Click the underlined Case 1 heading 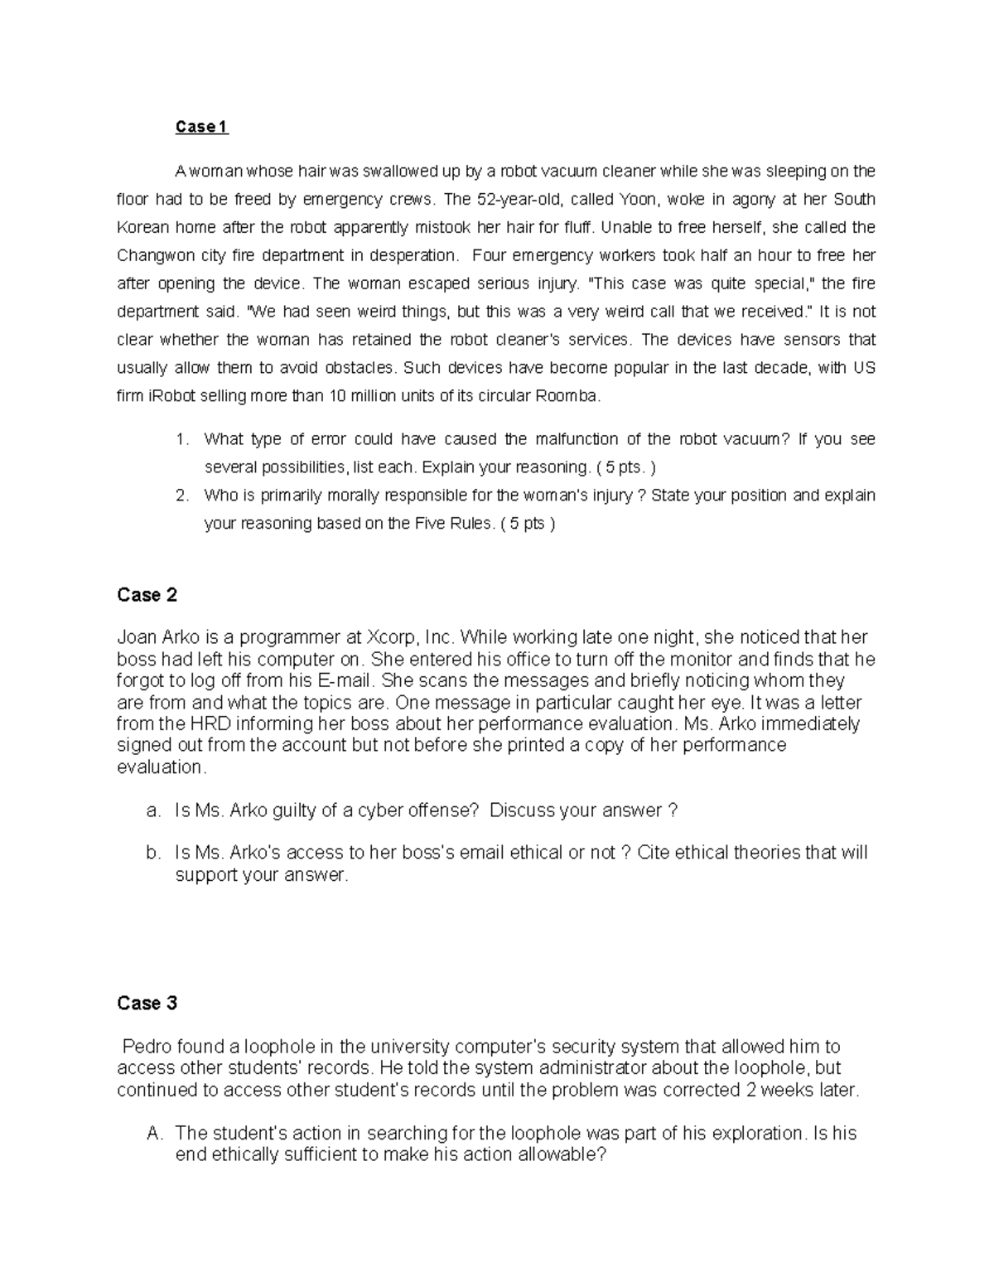[x=201, y=127]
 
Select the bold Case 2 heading [x=147, y=595]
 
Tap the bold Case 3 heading [x=147, y=1004]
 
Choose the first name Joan [x=136, y=638]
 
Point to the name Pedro [x=146, y=1047]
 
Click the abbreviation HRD [x=189, y=724]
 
